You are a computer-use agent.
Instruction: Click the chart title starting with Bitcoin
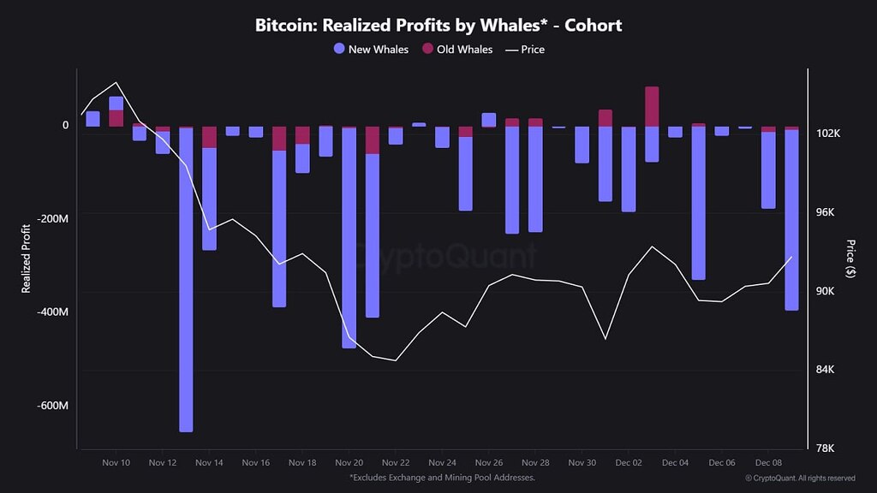438,25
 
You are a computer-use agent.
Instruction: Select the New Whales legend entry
372,50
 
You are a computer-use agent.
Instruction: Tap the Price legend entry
525,50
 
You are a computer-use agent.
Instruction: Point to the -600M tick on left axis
51,406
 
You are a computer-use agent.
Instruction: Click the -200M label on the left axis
51,218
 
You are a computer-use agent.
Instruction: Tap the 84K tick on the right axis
829,370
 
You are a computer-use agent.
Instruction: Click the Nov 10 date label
116,462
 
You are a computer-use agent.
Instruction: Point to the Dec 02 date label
629,462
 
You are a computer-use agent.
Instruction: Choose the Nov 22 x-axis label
396,462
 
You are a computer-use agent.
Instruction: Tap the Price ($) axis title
850,259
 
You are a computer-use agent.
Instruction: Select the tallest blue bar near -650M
186,282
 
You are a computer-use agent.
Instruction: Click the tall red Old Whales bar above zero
652,106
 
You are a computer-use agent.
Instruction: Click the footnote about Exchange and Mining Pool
442,478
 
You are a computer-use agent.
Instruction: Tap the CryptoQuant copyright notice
800,478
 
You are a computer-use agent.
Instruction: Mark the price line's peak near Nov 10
116,83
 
